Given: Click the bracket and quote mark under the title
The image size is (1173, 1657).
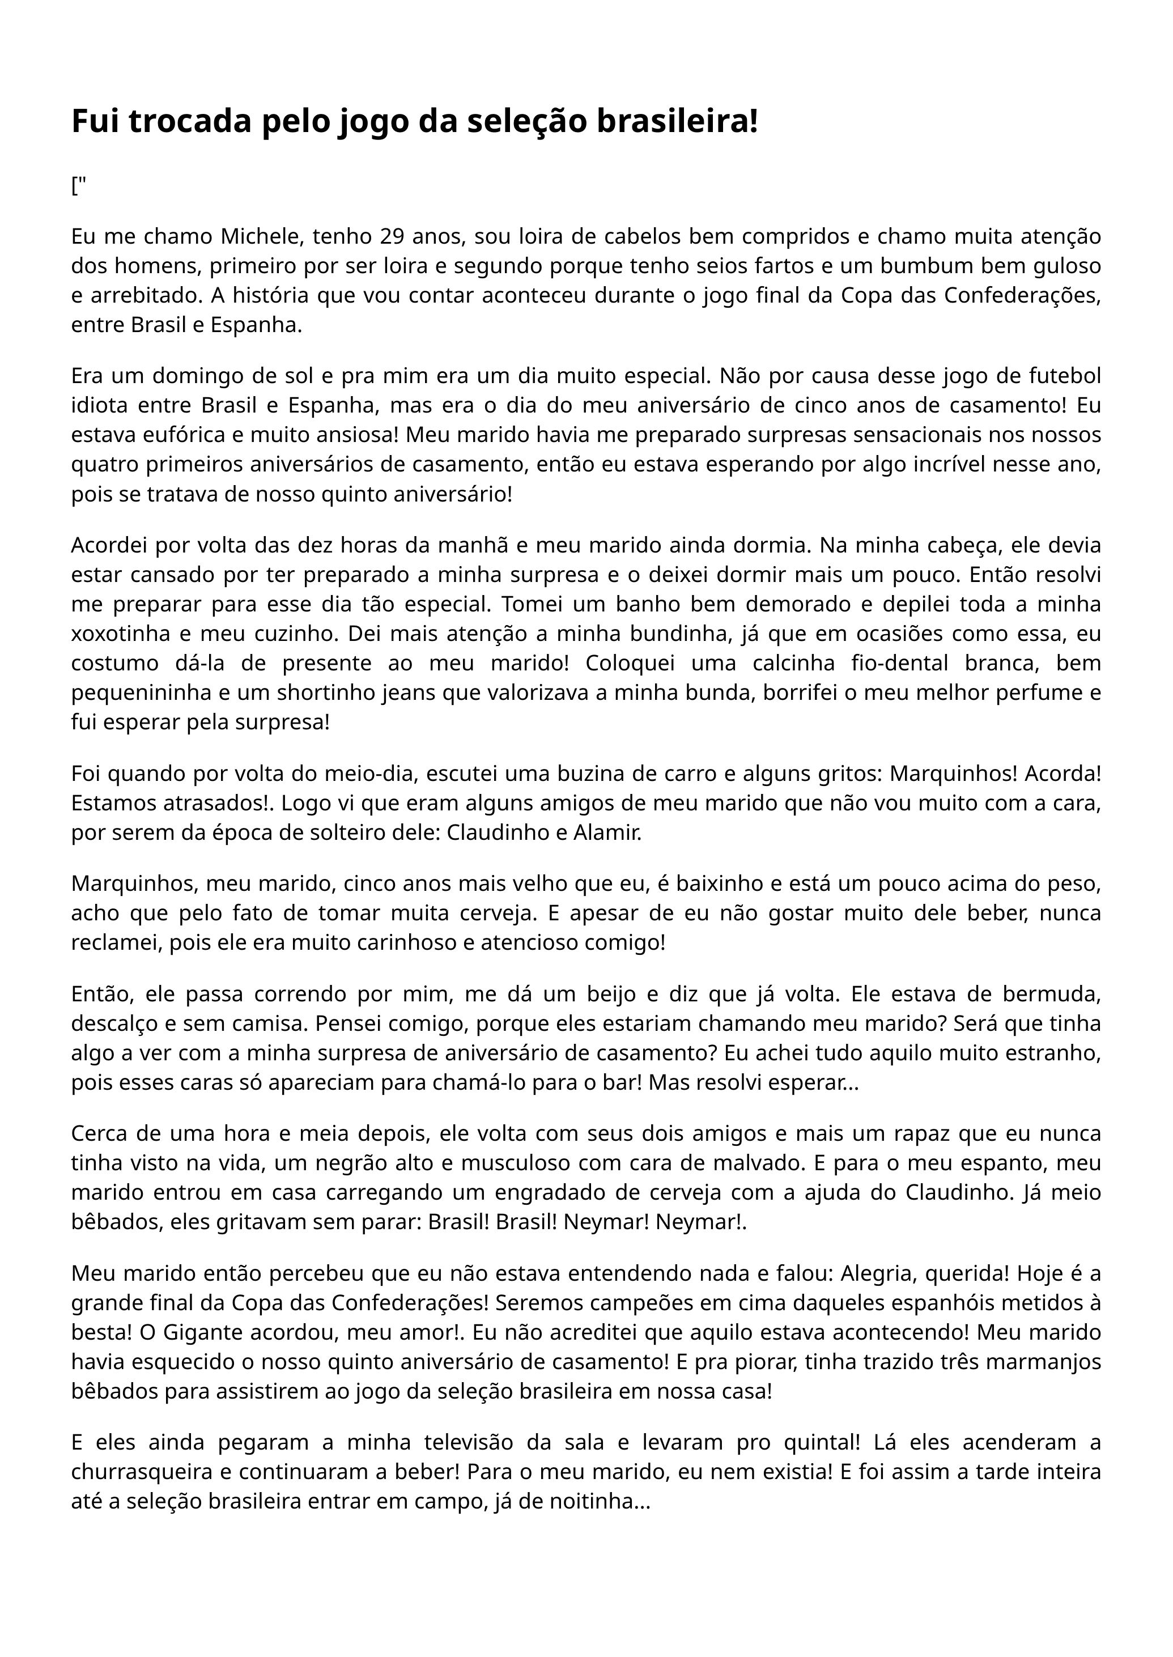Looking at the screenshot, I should [x=78, y=186].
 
